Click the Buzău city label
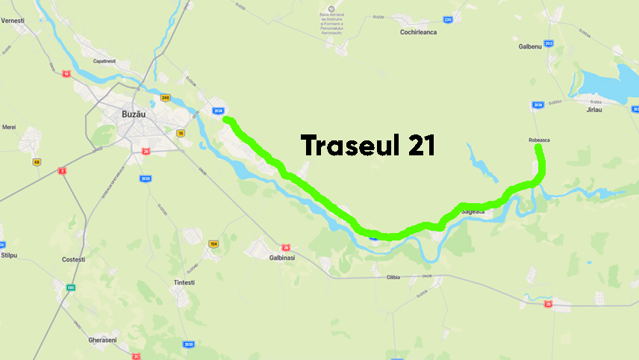[x=137, y=115]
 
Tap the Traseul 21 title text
[x=367, y=146]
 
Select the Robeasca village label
[x=537, y=140]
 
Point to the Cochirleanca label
[x=418, y=32]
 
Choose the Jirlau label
[x=594, y=109]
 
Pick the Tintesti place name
[x=184, y=282]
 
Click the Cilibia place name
[x=394, y=277]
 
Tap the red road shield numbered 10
[x=66, y=74]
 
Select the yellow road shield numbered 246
[x=166, y=98]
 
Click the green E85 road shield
[x=71, y=287]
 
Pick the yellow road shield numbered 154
[x=213, y=244]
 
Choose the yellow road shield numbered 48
[x=37, y=162]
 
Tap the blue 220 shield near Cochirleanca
[x=448, y=19]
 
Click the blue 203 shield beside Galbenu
[x=549, y=44]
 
